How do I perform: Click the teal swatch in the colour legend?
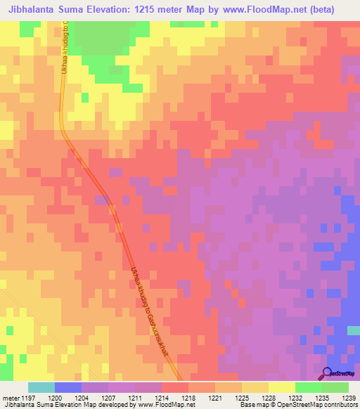tap(41, 387)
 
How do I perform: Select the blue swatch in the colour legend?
tap(68, 387)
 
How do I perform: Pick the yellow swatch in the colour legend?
tap(282, 387)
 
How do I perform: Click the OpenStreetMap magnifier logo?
tap(326, 374)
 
